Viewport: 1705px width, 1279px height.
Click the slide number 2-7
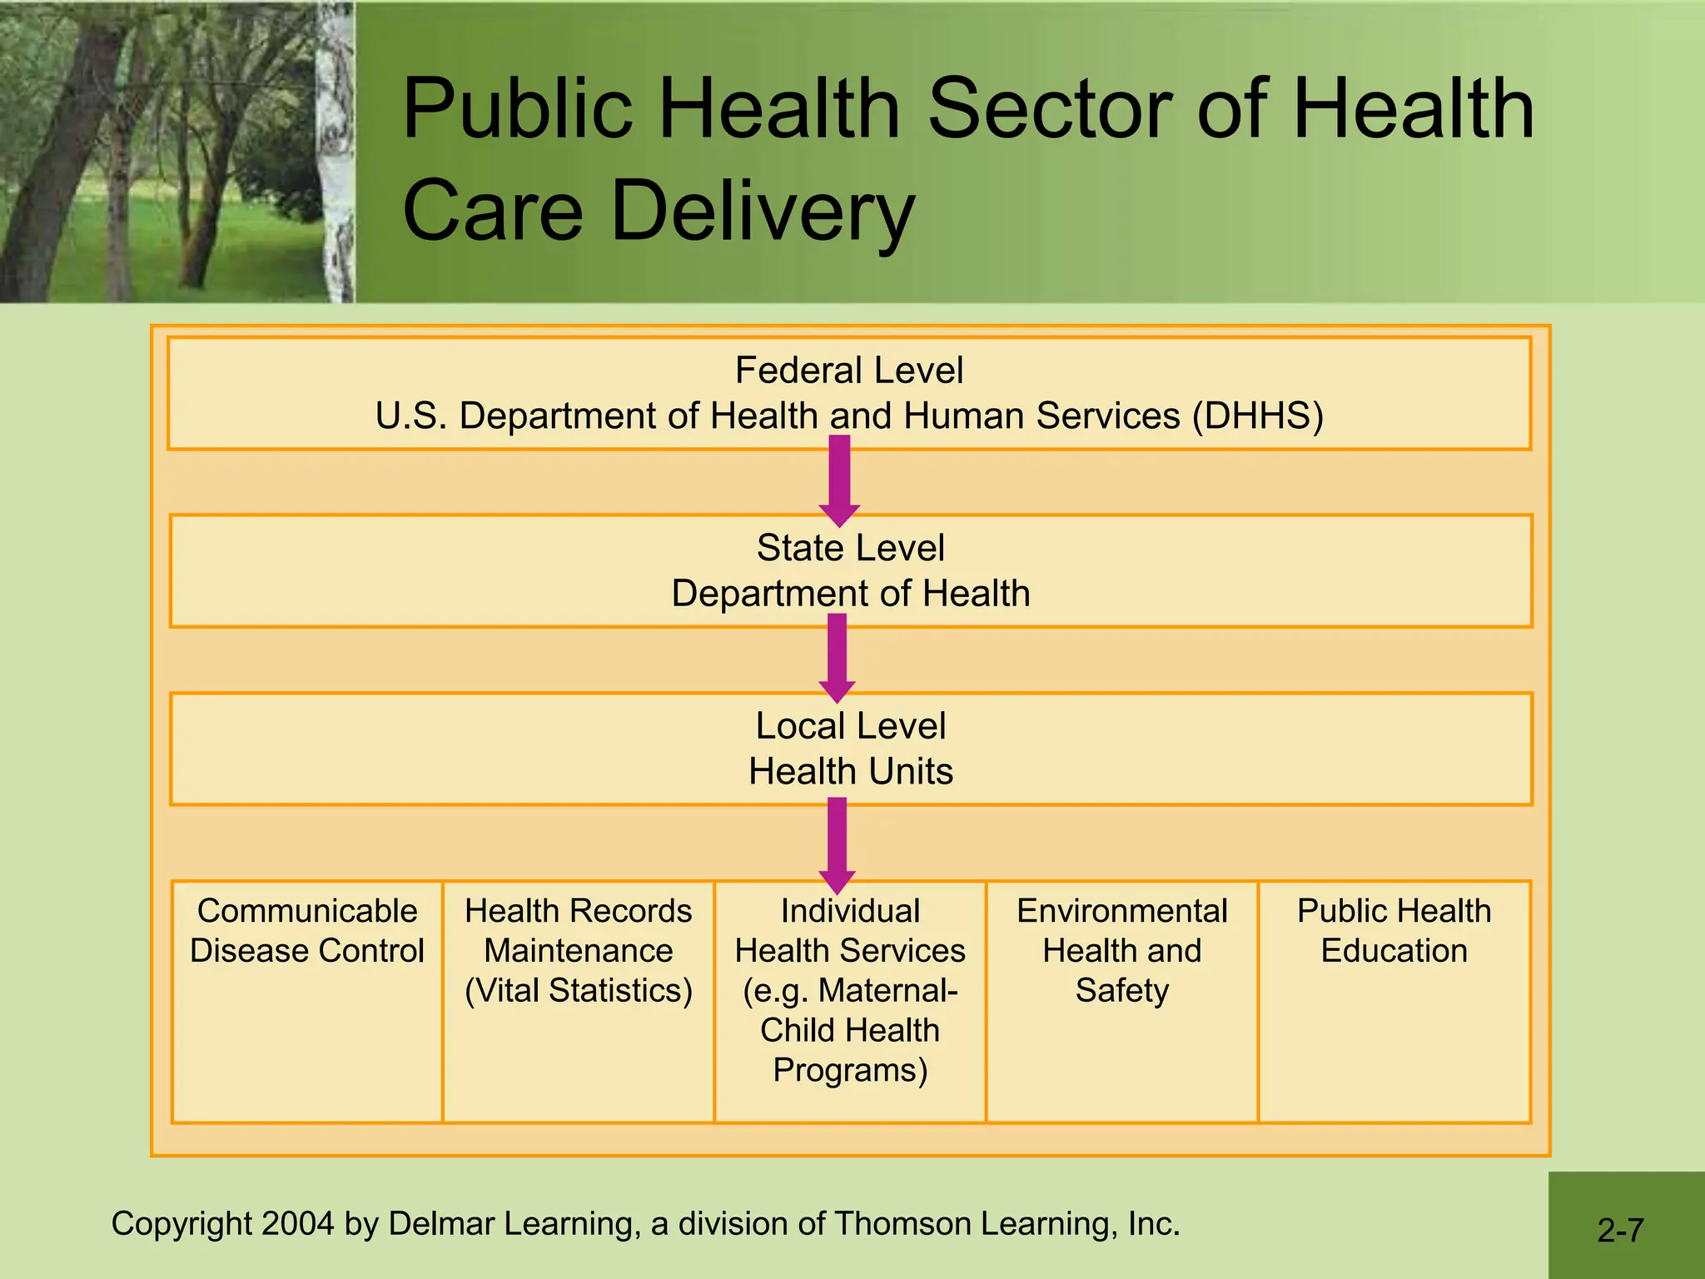pos(1620,1230)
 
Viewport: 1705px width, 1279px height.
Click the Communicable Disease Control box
pos(307,999)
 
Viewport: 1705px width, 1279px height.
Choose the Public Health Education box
pos(1394,999)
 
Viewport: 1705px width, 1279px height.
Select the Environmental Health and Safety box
pos(1121,999)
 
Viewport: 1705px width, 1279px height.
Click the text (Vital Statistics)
pos(579,991)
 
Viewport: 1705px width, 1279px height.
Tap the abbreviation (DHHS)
pos(1257,416)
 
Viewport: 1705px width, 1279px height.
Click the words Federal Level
pos(849,371)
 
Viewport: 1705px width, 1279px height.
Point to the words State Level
pos(850,548)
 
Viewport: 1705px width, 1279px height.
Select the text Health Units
pos(850,771)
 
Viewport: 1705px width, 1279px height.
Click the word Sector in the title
pos(1049,108)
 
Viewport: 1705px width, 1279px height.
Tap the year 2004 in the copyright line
pos(298,1224)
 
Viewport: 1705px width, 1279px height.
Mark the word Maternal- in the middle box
pos(887,991)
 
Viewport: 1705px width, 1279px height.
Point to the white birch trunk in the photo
pos(336,167)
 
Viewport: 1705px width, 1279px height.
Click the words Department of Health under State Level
pos(850,594)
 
